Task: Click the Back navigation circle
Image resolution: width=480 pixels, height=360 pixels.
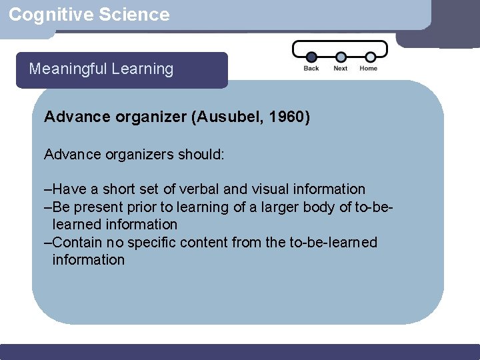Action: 311,57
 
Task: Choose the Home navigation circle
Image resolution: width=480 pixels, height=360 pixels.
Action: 369,57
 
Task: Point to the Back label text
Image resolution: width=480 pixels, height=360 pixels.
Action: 311,68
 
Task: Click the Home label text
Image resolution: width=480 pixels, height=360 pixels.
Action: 369,68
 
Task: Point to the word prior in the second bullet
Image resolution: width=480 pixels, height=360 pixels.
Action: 147,207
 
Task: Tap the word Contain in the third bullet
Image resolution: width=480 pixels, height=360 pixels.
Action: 75,242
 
